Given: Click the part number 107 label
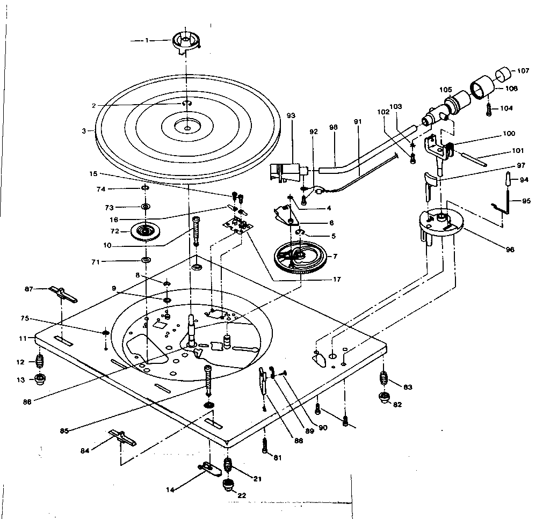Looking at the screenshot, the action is coord(523,71).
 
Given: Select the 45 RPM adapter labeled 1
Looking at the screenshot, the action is coord(186,43).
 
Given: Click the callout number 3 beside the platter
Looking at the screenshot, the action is coord(84,131).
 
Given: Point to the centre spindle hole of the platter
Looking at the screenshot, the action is coord(187,129).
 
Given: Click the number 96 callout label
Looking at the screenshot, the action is coord(510,250).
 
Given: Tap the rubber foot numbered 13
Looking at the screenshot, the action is coord(40,379).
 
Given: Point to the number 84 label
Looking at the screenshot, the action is coord(85,451).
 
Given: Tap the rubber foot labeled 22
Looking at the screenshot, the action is coord(228,485).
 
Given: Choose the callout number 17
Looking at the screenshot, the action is coord(337,279).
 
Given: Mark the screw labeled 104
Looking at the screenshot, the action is coord(489,110).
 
